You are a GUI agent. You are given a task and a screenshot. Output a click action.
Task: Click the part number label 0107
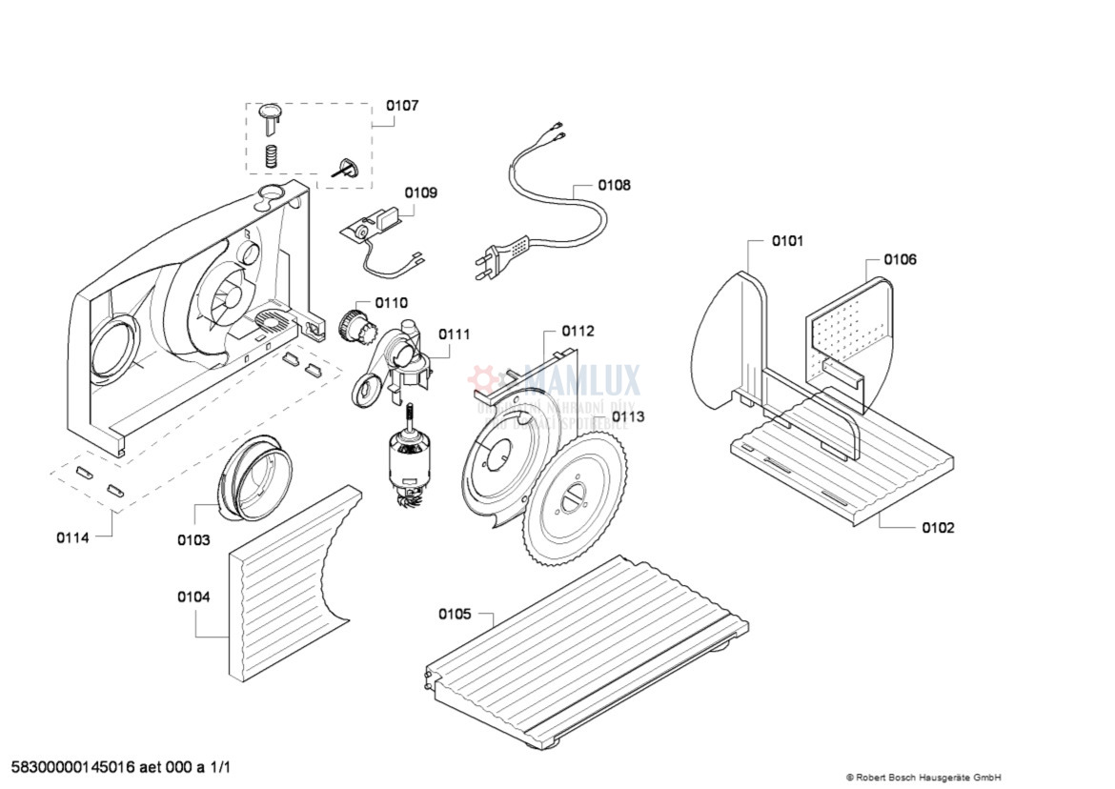[x=401, y=106]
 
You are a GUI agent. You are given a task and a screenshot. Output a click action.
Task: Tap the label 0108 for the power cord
[x=614, y=185]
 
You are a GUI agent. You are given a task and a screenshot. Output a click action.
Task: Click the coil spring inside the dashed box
[x=272, y=153]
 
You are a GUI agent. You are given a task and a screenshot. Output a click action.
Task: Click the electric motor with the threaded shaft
[x=409, y=463]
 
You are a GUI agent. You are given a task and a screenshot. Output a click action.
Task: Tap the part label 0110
[x=391, y=303]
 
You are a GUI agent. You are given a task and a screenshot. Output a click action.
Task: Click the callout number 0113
[x=627, y=416]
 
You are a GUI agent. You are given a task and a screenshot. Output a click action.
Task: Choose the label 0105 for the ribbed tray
[x=455, y=614]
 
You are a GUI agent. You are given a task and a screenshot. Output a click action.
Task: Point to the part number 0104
[x=193, y=597]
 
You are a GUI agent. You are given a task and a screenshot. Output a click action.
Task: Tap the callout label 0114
[x=72, y=537]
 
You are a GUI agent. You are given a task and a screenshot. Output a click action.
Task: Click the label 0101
[x=787, y=240]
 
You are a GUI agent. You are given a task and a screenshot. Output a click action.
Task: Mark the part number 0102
[x=938, y=527]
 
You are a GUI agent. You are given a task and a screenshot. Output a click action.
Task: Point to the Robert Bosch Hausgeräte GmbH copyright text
[x=922, y=778]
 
